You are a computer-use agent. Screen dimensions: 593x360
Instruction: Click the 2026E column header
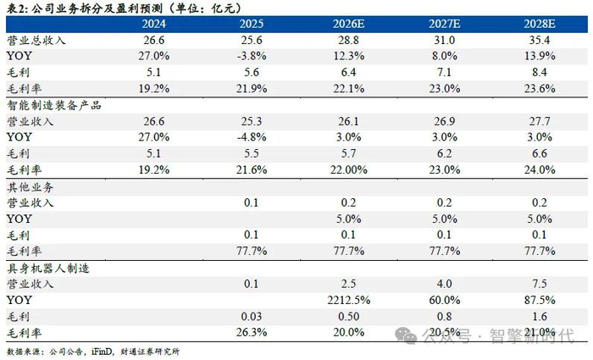[348, 25]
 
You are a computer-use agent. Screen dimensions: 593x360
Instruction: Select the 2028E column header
[540, 25]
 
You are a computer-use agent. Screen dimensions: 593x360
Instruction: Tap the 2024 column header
[153, 25]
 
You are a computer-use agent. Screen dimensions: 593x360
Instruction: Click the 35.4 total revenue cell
[540, 40]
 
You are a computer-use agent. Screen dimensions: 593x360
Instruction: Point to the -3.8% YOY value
[252, 56]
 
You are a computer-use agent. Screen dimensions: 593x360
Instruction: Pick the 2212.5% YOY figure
[348, 300]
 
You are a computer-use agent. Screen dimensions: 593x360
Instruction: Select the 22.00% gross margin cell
[348, 169]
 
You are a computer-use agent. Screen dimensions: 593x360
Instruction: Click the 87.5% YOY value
[540, 300]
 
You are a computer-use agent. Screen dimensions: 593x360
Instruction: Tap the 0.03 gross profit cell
[252, 317]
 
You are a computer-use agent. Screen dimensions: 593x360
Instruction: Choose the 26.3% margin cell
[252, 332]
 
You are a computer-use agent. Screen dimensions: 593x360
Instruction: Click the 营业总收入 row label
[36, 41]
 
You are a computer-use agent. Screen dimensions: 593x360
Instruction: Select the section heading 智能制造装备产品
[54, 105]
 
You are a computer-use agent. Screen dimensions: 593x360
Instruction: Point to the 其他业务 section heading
[30, 187]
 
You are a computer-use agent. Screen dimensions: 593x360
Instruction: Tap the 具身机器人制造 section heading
[48, 269]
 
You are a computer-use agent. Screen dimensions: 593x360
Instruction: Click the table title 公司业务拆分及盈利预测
[97, 8]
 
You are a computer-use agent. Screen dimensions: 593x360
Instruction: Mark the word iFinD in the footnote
[102, 352]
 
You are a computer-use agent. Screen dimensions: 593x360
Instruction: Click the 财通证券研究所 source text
[150, 352]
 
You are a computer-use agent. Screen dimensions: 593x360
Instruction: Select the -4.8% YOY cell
[252, 137]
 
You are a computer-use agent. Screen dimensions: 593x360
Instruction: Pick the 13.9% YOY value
[540, 56]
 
